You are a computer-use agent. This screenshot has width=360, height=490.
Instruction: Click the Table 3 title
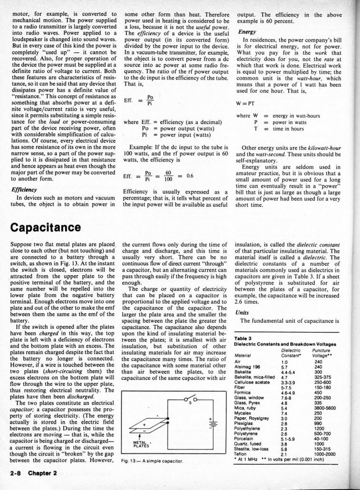243,338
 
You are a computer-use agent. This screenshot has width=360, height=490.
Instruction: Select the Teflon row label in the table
242,454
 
